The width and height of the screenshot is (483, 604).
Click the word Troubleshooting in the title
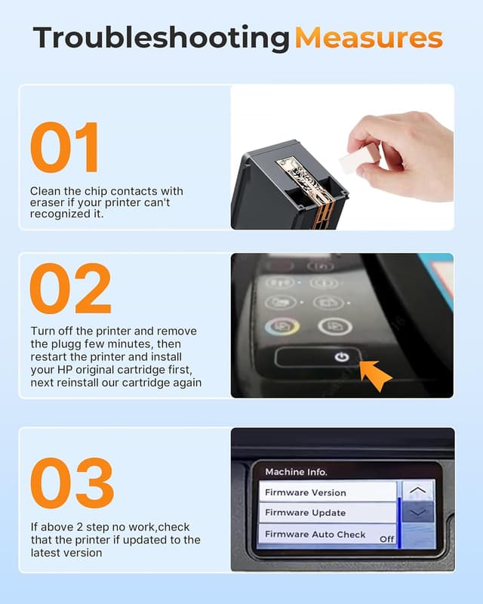[162, 38]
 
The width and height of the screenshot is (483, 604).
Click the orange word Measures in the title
[368, 38]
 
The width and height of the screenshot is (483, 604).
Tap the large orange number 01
[65, 147]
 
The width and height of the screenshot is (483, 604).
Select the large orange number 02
[70, 289]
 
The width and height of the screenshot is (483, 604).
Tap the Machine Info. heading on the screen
[296, 472]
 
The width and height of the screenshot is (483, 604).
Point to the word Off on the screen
[386, 538]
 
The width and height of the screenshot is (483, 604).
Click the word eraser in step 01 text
[48, 203]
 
